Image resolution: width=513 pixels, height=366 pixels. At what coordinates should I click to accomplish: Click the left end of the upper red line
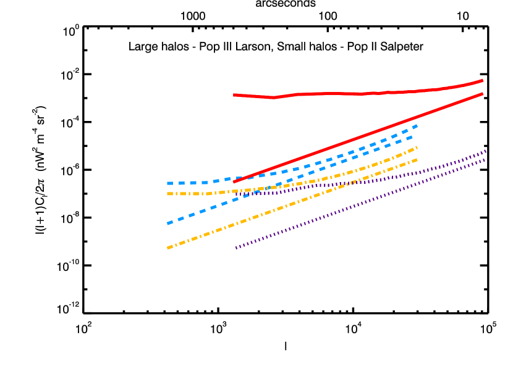click(x=234, y=95)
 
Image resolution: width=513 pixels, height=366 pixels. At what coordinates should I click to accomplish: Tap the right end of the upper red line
click(x=483, y=80)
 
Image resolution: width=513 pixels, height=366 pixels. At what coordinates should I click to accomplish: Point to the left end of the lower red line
click(x=234, y=182)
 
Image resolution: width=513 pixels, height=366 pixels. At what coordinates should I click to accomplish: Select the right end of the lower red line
click(x=483, y=94)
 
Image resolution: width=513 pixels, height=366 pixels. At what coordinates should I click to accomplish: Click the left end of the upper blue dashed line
click(x=167, y=183)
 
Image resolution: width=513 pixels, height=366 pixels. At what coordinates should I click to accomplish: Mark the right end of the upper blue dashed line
click(x=417, y=125)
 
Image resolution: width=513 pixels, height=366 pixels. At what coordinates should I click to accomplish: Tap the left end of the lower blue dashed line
click(x=167, y=223)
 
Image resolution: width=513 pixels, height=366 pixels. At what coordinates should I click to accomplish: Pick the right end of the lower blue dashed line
click(x=413, y=136)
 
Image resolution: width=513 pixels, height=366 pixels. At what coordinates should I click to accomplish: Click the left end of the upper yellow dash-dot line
click(x=167, y=194)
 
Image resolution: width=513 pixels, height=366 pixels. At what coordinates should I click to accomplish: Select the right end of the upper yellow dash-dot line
click(x=417, y=147)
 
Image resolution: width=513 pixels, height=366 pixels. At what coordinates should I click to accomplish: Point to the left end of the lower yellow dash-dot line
click(x=167, y=248)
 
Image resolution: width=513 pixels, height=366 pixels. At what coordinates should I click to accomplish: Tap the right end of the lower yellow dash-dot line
click(x=417, y=159)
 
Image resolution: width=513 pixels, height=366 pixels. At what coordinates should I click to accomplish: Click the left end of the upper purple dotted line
click(x=236, y=194)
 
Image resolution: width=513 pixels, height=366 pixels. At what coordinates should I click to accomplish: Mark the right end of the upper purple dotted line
click(x=486, y=151)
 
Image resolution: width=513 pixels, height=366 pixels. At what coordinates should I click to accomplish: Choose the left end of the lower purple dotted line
click(x=236, y=248)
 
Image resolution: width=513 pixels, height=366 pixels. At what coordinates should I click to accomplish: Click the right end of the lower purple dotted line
click(x=486, y=160)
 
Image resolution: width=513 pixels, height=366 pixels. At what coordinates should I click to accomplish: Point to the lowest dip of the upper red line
click(x=273, y=98)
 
